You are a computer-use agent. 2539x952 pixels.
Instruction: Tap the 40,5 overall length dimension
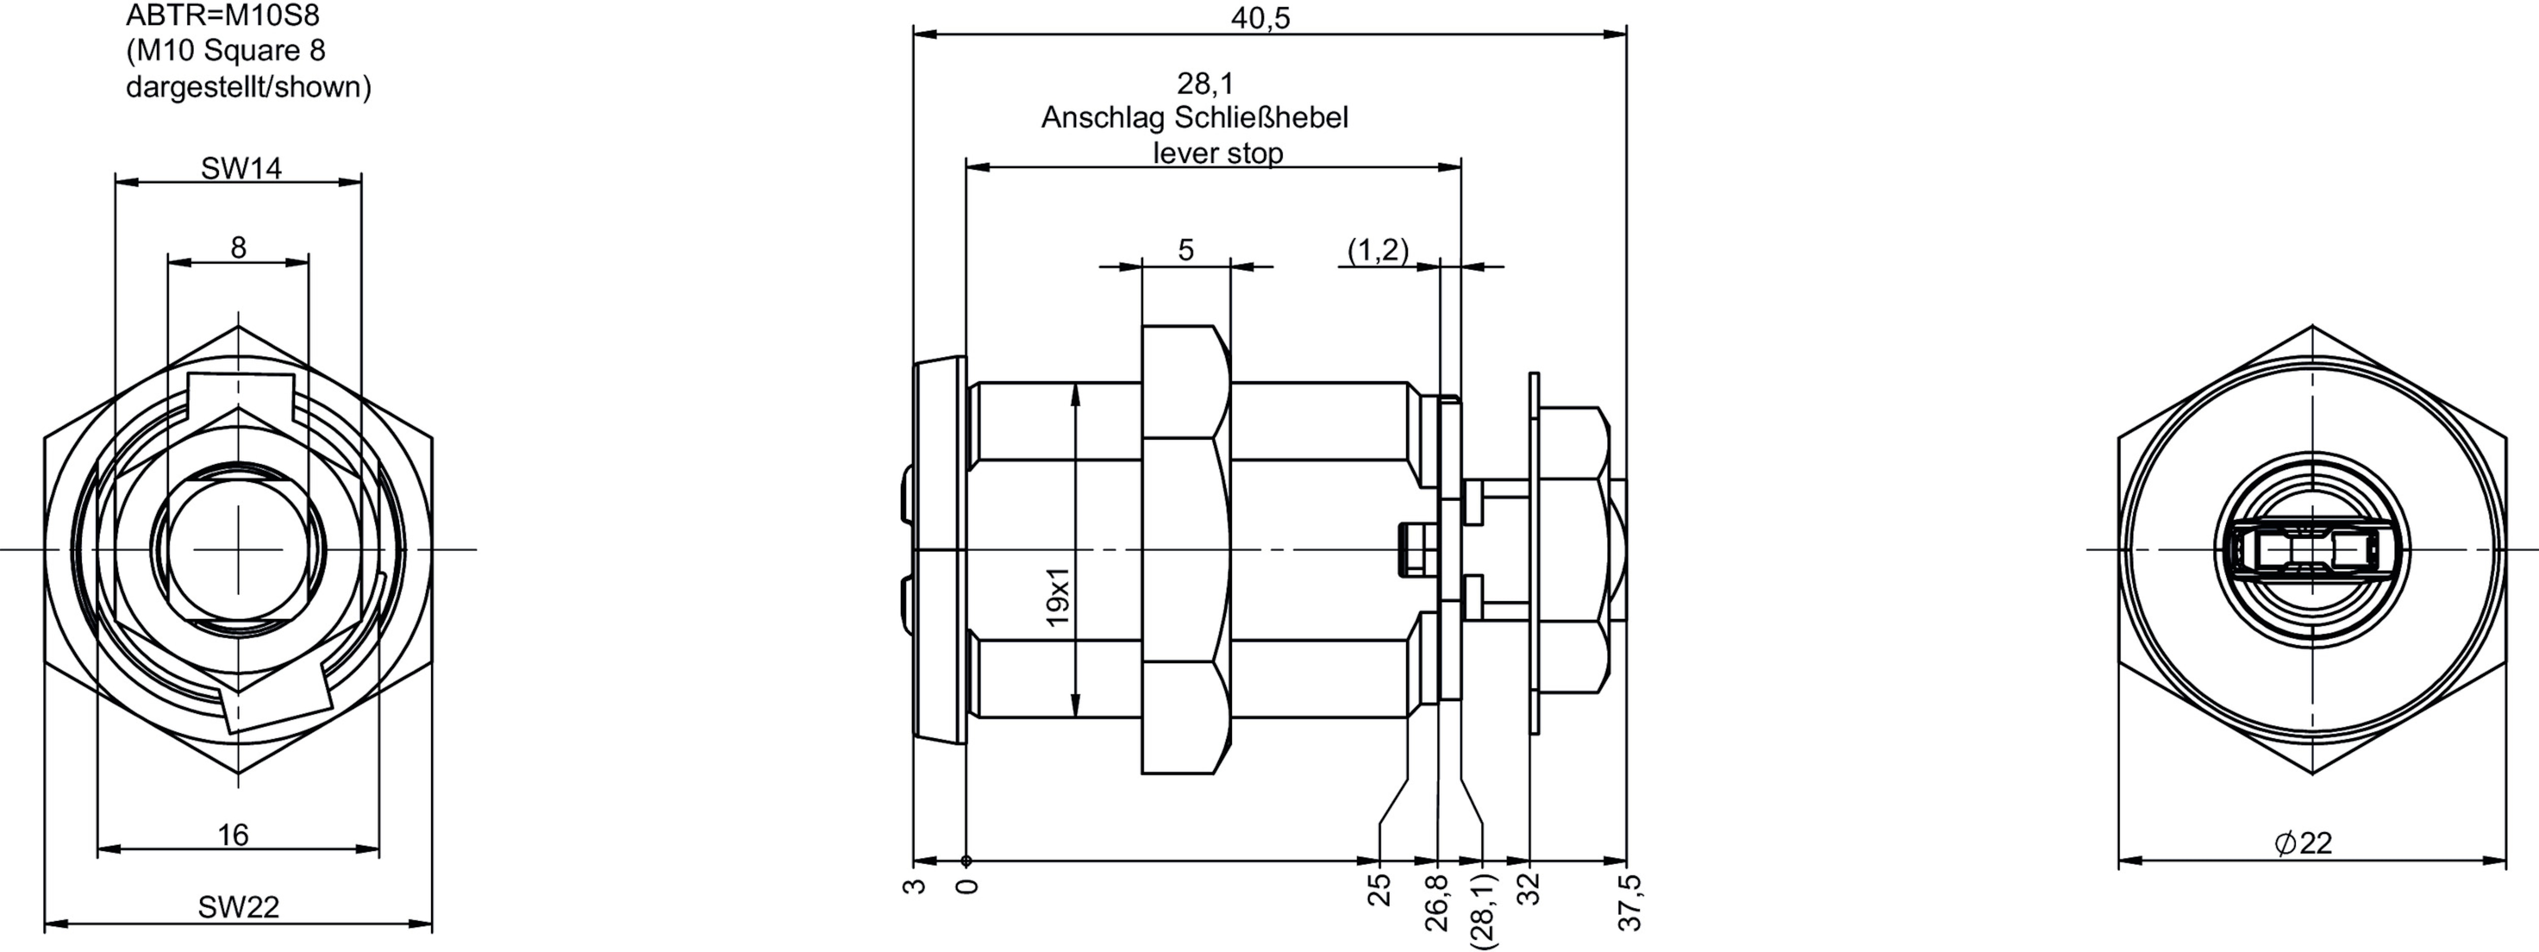point(1260,18)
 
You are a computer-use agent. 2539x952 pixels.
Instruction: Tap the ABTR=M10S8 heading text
point(223,16)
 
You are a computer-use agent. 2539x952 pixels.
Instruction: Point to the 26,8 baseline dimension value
point(1436,902)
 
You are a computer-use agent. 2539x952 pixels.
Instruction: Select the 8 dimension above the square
point(239,247)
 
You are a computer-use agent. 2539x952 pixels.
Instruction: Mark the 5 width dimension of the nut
point(1186,250)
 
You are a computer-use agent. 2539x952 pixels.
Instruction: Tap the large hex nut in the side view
point(1186,549)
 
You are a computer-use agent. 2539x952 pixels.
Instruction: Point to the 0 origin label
point(968,887)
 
